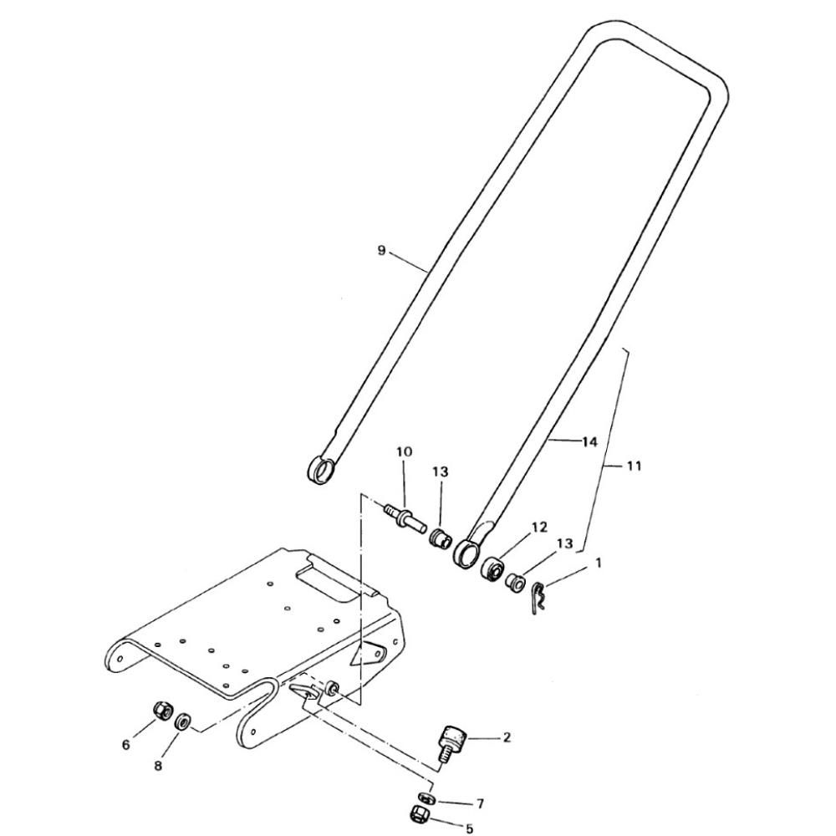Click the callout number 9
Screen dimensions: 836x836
point(381,250)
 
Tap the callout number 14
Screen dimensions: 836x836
point(589,442)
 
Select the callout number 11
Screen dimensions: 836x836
point(634,466)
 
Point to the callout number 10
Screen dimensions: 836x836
point(404,452)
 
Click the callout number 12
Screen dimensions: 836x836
point(539,528)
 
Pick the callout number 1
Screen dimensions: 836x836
point(599,563)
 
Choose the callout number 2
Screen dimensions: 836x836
point(507,737)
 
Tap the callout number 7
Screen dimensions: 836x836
point(480,803)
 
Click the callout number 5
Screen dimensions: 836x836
point(469,828)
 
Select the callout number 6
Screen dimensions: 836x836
point(126,745)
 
